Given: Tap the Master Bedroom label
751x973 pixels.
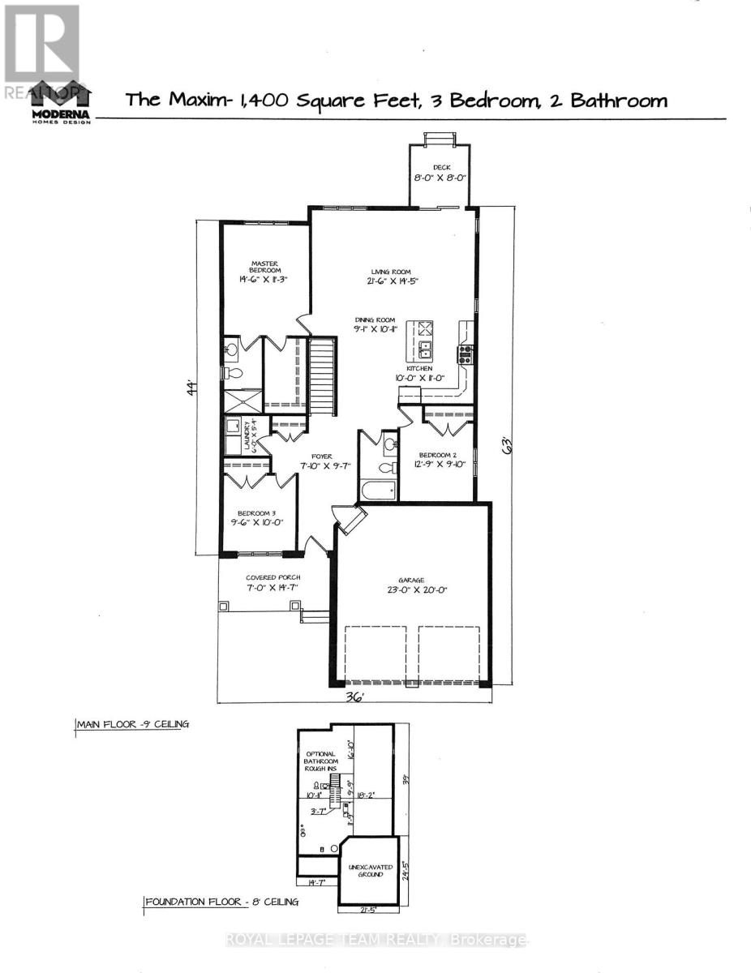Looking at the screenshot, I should (264, 271).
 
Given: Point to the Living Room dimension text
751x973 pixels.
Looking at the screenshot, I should (391, 281).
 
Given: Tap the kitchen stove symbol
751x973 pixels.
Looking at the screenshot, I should (466, 352).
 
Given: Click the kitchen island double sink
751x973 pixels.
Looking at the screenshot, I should (424, 350).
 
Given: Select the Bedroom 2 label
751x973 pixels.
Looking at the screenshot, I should (438, 460).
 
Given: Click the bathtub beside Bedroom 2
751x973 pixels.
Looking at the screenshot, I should (378, 490).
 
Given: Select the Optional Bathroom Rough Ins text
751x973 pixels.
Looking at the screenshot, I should (319, 761).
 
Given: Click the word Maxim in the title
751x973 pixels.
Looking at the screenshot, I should (189, 101).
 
